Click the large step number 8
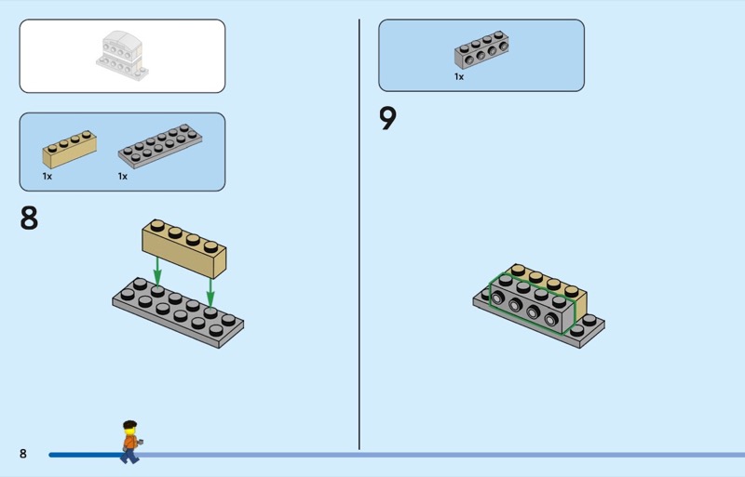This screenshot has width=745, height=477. click(x=30, y=219)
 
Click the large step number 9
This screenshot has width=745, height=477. click(x=388, y=120)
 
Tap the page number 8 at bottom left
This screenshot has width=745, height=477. click(x=23, y=454)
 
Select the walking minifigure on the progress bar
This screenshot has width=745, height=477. click(x=129, y=442)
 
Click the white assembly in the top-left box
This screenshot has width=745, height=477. click(x=122, y=53)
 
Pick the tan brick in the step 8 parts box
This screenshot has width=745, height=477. click(x=69, y=150)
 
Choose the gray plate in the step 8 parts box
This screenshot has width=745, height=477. click(x=159, y=147)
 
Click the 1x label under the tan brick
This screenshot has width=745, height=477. click(x=47, y=176)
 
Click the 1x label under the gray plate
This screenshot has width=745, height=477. click(x=123, y=176)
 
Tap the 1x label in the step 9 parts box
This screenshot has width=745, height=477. click(x=459, y=77)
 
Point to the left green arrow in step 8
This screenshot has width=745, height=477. click(x=157, y=270)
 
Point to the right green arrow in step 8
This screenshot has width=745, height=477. click(x=211, y=289)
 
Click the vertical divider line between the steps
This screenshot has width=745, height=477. click(x=359, y=232)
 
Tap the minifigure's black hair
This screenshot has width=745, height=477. click(x=129, y=426)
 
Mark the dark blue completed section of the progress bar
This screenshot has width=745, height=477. click(x=84, y=455)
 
